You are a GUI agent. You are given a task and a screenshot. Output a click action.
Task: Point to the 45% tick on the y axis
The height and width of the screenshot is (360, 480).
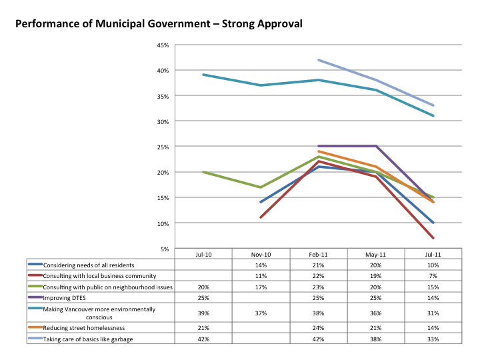coord(163,45)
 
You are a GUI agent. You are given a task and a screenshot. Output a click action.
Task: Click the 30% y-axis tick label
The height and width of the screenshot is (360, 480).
coord(163,121)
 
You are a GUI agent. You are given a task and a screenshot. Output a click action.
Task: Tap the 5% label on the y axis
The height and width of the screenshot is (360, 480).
coord(164,249)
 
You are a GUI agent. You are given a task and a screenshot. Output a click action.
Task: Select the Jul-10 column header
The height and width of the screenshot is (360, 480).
coord(203,255)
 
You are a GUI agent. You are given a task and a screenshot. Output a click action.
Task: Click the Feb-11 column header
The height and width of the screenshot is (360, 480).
coord(318,255)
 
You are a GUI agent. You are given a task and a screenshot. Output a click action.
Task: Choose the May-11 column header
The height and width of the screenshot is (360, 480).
coord(376,255)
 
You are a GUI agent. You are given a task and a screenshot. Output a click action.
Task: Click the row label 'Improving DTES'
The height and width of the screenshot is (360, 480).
coord(67,297)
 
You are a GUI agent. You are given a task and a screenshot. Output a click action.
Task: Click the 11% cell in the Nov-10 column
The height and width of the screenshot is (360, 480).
coord(261,276)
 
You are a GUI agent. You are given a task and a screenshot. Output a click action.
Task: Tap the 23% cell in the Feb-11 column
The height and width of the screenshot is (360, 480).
coord(318,287)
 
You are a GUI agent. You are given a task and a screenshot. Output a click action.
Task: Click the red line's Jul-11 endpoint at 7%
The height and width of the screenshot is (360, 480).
coord(434,238)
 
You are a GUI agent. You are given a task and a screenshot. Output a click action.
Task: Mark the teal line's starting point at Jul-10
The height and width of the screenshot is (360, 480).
coord(203,75)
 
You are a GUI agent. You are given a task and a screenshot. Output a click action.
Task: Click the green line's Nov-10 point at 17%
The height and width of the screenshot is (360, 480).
coord(261,187)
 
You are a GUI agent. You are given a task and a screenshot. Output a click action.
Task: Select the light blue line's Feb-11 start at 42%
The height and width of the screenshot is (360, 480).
coord(319,60)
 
